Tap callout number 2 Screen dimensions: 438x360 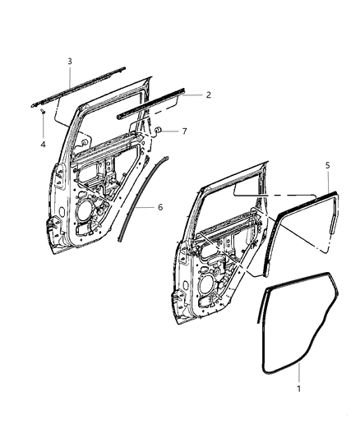208,95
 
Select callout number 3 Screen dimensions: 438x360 69,62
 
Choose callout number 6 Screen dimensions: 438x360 160,206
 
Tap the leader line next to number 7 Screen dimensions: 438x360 172,131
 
